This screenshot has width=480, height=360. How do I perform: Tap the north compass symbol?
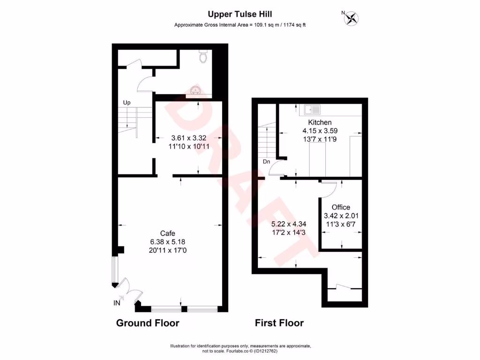click(351, 18)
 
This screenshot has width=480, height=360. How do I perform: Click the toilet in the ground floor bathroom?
click(203, 57)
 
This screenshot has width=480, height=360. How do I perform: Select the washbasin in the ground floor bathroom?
click(196, 90)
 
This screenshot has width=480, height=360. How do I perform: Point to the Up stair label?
click(127, 102)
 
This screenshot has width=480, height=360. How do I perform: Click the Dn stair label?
click(266, 162)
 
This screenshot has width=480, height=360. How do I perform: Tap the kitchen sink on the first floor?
click(312, 110)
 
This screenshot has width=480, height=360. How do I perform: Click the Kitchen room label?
click(320, 123)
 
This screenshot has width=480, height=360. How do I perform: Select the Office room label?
click(341, 207)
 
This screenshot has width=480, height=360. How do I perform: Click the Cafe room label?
click(168, 233)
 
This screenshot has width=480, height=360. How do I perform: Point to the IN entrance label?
click(117, 303)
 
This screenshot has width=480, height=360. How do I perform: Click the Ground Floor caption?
click(147, 323)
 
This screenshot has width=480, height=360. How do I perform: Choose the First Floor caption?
click(279, 323)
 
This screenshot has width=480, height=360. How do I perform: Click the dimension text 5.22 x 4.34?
click(289, 224)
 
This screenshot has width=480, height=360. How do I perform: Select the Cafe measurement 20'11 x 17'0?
click(168, 250)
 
